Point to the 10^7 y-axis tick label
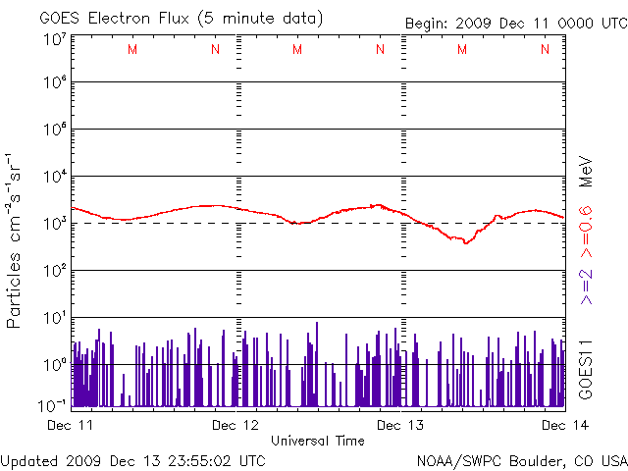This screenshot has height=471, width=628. [x=54, y=39]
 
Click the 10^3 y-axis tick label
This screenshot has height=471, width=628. [x=54, y=224]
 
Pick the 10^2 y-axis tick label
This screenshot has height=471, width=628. [x=54, y=271]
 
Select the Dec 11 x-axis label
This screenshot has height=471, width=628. [x=71, y=425]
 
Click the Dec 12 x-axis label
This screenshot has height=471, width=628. [x=235, y=425]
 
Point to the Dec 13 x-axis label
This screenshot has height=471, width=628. [x=401, y=425]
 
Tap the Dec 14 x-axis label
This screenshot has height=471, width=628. [x=565, y=425]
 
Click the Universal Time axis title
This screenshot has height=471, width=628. [x=318, y=441]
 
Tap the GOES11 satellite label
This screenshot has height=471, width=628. [x=586, y=368]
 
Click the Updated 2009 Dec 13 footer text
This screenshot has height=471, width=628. [x=133, y=459]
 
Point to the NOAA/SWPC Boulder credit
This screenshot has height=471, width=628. [x=521, y=459]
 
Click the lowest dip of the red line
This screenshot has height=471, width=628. [x=466, y=241]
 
